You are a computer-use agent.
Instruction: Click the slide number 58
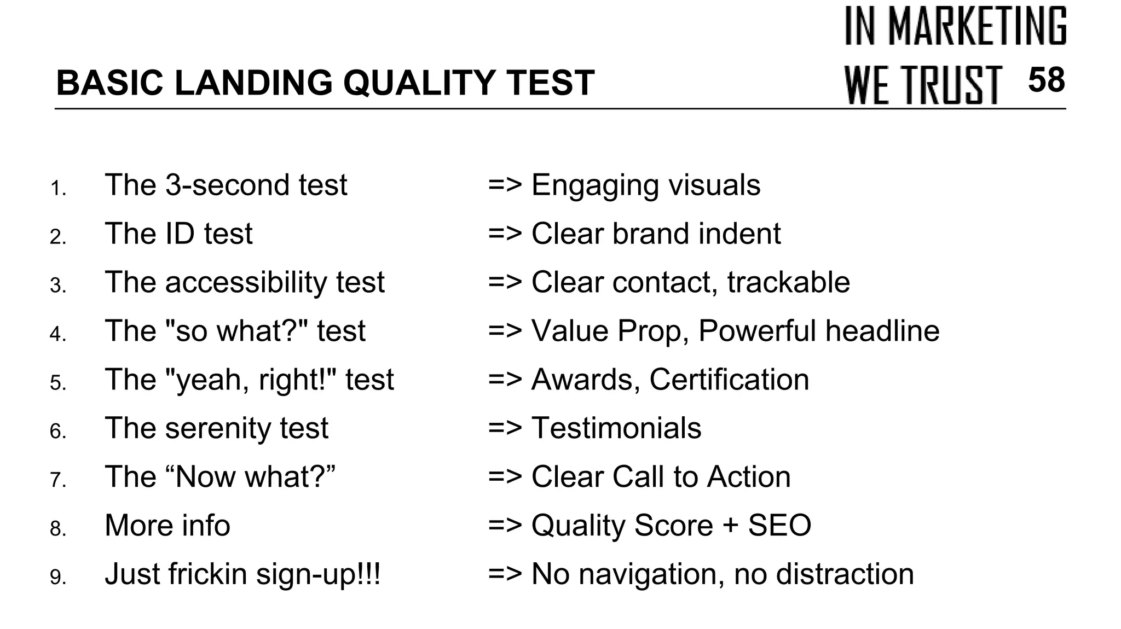pyautogui.click(x=1046, y=80)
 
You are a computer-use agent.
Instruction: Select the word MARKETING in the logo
pyautogui.click(x=977, y=26)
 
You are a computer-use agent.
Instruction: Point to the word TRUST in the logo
pyautogui.click(x=953, y=85)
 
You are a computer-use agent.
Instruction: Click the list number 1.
pyautogui.click(x=57, y=189)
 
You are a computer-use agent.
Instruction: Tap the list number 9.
pyautogui.click(x=57, y=578)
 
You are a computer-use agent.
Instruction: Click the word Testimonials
pyautogui.click(x=616, y=428)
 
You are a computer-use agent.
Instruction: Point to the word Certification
pyautogui.click(x=729, y=379)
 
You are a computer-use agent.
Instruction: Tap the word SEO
pyautogui.click(x=779, y=525)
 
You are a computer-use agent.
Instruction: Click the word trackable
pyautogui.click(x=788, y=282)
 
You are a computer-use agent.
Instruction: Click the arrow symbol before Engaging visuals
pyautogui.click(x=505, y=185)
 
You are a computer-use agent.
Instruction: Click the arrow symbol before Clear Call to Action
pyautogui.click(x=505, y=476)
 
